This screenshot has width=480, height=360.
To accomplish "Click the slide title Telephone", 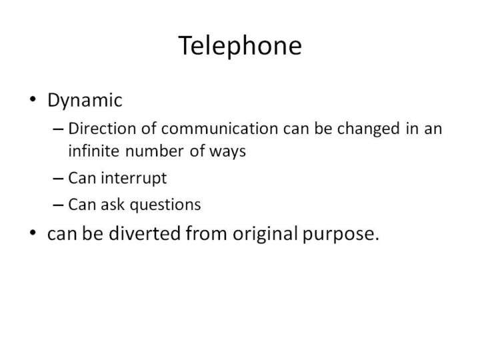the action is coord(240,46).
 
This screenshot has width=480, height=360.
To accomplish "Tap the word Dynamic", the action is coord(85,101).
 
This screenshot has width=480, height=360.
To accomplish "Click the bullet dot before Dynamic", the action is coord(33,99).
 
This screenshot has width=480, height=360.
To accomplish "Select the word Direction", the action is coord(102,128).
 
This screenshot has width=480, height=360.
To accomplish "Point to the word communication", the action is coord(219,128).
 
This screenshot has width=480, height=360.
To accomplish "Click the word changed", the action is coord(368,129).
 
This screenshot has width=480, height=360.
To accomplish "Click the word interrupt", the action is coord(134,178).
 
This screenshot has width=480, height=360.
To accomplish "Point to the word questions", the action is coord(165,205).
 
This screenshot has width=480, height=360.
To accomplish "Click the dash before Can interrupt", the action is coord(58,179).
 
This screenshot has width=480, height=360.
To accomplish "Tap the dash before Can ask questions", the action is coord(58,205).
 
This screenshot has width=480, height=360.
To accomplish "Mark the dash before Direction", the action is coord(58,129).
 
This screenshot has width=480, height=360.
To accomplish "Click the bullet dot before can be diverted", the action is coord(33,233).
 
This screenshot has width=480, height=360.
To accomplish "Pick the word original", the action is coord(265,234).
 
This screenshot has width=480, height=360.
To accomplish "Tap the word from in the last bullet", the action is coord(206,233).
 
